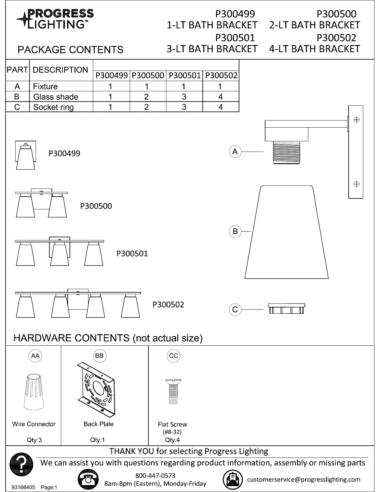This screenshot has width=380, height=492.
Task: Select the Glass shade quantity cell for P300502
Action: (220, 97)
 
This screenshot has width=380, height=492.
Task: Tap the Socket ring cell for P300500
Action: (147, 107)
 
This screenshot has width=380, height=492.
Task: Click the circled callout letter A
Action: (235, 152)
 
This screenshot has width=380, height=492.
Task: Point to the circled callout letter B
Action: (235, 231)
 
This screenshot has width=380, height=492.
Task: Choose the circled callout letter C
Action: (235, 310)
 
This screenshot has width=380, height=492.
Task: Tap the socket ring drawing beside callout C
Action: (287, 309)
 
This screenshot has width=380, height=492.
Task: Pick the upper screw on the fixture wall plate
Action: (356, 120)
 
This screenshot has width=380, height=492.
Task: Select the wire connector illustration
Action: (34, 392)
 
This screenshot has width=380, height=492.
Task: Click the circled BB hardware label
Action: (99, 356)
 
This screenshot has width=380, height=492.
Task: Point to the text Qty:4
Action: (173, 440)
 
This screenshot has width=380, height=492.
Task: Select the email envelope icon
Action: (233, 479)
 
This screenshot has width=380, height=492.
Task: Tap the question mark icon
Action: (21, 465)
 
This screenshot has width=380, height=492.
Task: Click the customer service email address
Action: (304, 479)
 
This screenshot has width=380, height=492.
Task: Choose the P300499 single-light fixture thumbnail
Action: (26, 155)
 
